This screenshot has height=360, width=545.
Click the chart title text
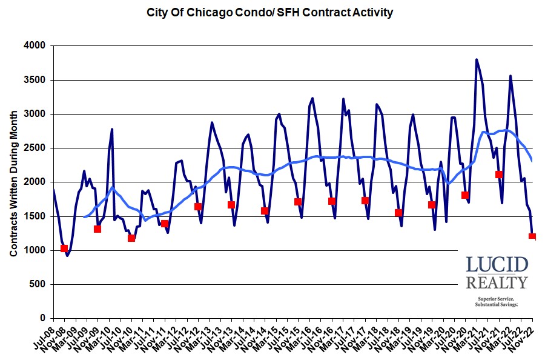(x=269, y=12)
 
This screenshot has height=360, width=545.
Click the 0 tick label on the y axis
(x=44, y=318)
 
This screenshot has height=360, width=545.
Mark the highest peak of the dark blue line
(x=477, y=59)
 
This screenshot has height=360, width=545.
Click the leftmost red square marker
(x=64, y=248)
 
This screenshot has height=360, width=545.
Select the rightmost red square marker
(x=532, y=236)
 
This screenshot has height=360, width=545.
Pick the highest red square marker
(x=499, y=175)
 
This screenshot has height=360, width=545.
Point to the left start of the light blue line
(x=84, y=216)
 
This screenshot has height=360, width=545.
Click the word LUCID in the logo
(x=497, y=265)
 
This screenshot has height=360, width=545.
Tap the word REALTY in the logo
(x=497, y=282)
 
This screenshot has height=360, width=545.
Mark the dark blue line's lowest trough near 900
(x=67, y=256)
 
